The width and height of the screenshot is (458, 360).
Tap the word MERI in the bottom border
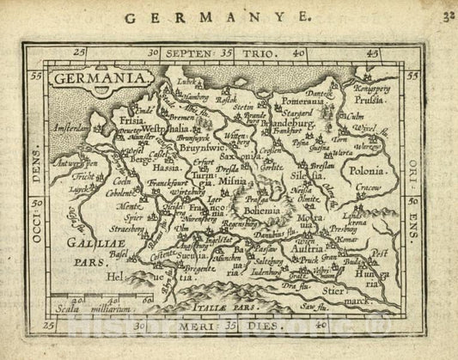coord(195,326)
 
